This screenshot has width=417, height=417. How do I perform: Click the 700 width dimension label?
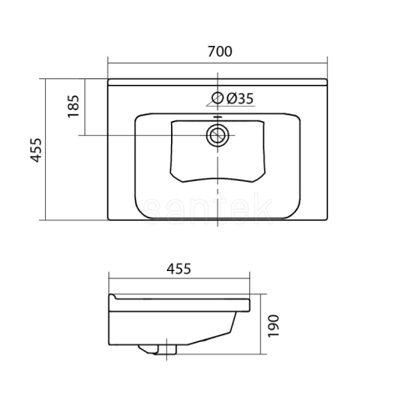(219, 52)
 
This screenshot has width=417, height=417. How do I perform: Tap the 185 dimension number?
(73, 107)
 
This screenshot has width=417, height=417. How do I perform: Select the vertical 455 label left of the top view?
(36, 150)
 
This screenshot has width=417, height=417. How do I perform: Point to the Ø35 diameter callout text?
(240, 98)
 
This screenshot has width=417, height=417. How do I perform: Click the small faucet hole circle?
(218, 98)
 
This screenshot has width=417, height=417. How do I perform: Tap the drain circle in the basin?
(218, 136)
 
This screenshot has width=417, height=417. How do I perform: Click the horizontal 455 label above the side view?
(178, 269)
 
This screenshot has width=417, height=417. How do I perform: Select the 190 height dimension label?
(274, 326)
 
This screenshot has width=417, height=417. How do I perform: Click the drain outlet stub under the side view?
(158, 349)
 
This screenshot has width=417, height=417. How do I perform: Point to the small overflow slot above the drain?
(218, 118)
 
